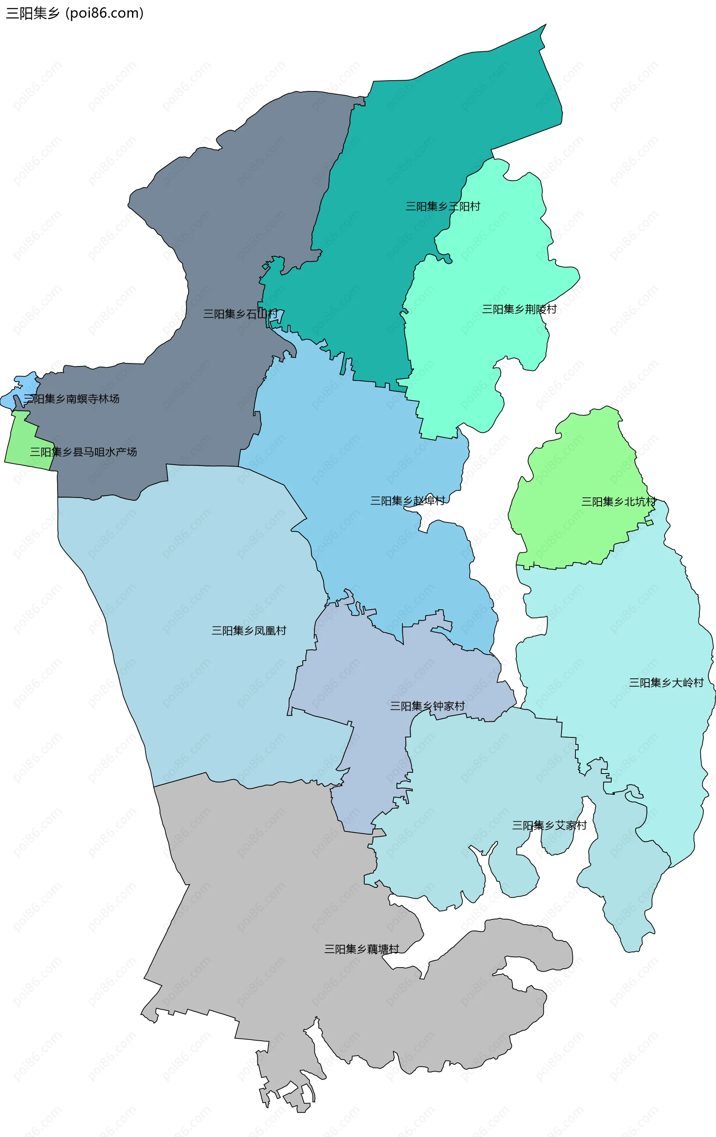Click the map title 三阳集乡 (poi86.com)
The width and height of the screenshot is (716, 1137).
point(75,13)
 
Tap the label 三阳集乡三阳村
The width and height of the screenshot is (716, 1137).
point(443,206)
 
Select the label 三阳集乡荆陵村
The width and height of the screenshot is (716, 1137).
point(519,309)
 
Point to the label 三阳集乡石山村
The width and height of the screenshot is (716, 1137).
point(240,314)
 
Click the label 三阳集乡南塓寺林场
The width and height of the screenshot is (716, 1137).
point(72,399)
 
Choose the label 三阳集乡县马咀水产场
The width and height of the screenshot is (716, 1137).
point(84,452)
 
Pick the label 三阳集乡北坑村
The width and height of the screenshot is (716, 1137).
point(618,502)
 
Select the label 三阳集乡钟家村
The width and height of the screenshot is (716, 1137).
point(427,706)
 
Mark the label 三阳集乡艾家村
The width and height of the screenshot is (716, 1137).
point(549,825)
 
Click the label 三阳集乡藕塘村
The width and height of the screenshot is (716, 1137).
point(361,949)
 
